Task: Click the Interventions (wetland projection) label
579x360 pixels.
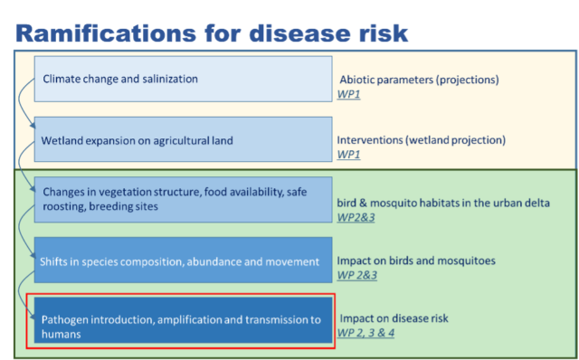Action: point(421,140)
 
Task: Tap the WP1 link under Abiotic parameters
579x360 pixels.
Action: point(348,93)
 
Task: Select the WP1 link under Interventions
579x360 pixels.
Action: point(348,154)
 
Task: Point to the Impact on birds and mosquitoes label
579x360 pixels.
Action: point(418,261)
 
